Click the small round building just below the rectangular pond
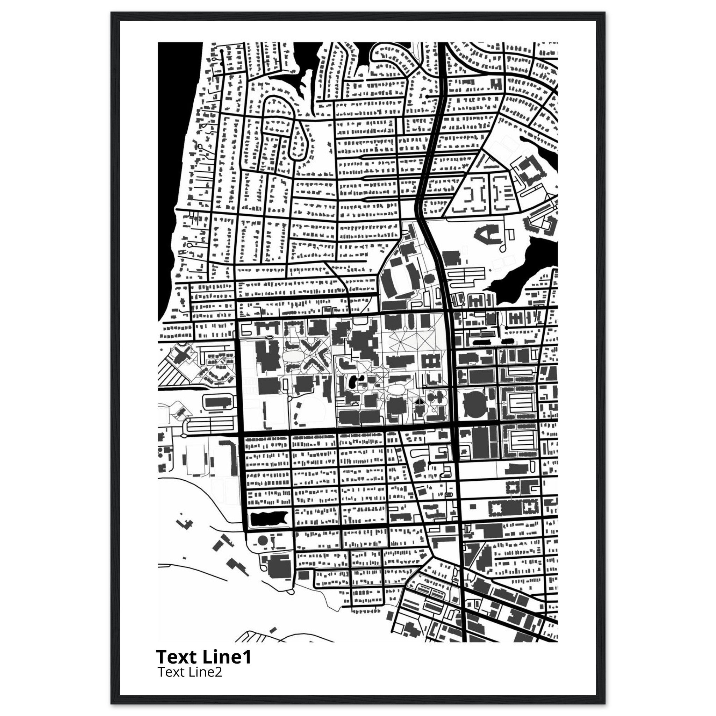pyautogui.click(x=262, y=541)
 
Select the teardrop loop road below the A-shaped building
pyautogui.click(x=504, y=246)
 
